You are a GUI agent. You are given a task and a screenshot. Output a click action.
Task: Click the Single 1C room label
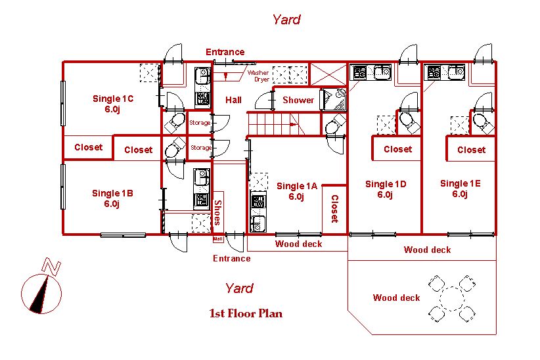tap(112, 104)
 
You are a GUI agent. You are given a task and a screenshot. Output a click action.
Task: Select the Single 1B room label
tap(112, 198)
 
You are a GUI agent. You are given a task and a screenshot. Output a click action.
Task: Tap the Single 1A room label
tap(296, 191)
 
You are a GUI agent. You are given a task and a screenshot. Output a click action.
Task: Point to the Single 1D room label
tap(386, 189)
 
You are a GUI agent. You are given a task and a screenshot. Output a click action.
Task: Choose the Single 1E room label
tap(460, 189)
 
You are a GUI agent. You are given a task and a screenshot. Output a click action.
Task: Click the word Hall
tap(233, 100)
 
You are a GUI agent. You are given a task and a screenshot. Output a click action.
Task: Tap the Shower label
tap(298, 100)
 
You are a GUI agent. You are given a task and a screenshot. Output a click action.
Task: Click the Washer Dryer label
tap(258, 76)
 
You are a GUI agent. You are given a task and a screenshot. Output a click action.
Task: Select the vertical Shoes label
tap(218, 212)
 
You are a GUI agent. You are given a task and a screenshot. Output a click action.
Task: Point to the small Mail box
tap(218, 238)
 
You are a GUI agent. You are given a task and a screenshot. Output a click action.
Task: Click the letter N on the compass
tap(51, 267)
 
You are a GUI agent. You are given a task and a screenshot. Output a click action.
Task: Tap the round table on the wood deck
tap(451, 299)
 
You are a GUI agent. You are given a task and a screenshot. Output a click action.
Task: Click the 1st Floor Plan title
tap(246, 313)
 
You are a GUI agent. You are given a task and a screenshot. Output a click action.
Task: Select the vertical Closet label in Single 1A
tap(335, 209)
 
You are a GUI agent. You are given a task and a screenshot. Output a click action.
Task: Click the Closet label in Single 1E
tap(471, 150)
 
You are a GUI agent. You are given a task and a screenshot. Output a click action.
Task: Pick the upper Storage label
tap(200, 123)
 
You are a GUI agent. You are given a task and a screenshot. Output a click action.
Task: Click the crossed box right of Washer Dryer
tap(328, 74)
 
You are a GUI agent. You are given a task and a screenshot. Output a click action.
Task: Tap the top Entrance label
tap(225, 52)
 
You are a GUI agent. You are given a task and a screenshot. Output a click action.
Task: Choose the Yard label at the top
tap(286, 19)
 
